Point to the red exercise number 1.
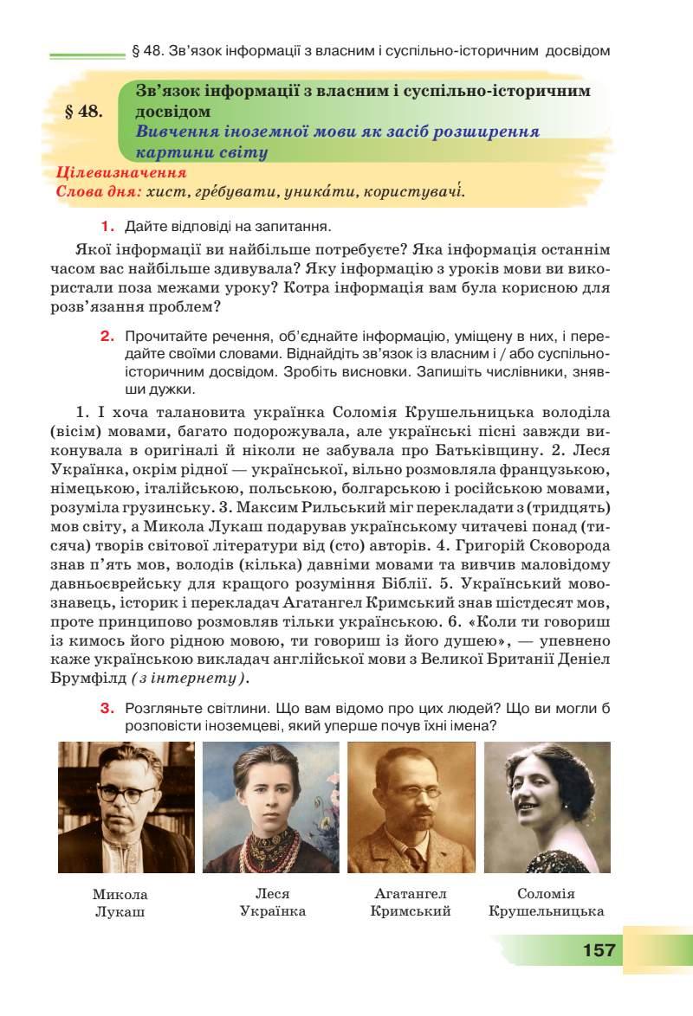[x=108, y=227]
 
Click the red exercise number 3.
[x=108, y=708]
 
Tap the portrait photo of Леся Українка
[x=271, y=807]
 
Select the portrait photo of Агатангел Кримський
[x=411, y=807]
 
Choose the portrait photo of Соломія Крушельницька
[x=547, y=807]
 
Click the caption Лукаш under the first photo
[x=120, y=911]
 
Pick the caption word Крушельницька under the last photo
[x=546, y=911]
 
